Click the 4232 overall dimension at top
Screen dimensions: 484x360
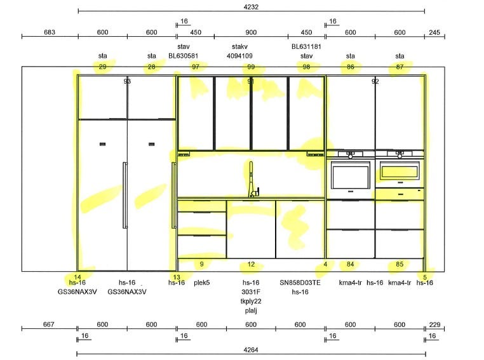point(251,7)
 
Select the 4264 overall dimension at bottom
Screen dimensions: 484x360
point(251,350)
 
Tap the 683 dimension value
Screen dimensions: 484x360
point(50,32)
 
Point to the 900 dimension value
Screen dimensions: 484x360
point(251,32)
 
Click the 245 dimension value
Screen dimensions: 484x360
point(434,32)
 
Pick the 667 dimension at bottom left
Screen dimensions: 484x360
point(49,324)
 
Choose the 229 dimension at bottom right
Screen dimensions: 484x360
point(434,324)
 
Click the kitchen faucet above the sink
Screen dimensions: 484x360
point(253,180)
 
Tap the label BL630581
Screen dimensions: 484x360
point(183,56)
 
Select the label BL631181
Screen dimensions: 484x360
point(306,46)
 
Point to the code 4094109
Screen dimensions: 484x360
point(239,56)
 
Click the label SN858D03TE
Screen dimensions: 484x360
point(300,283)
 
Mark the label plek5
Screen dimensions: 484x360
point(202,283)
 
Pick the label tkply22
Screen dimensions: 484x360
point(251,301)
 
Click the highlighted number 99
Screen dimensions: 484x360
point(251,67)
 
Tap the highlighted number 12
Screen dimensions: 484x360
point(251,264)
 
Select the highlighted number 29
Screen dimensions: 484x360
point(102,67)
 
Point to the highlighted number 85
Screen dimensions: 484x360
point(400,264)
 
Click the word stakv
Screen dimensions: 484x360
point(239,46)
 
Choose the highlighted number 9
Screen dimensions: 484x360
point(201,264)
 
